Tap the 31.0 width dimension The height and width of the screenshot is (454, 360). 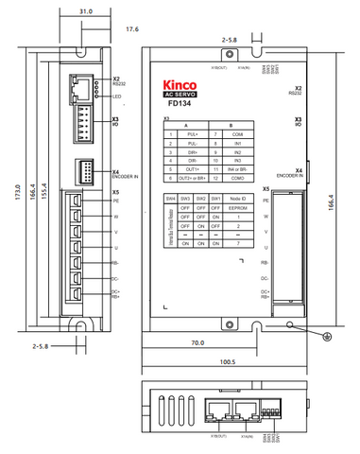[x=85, y=11]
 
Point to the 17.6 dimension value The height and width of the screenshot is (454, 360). [x=132, y=30]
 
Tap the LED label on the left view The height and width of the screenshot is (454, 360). [x=116, y=96]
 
